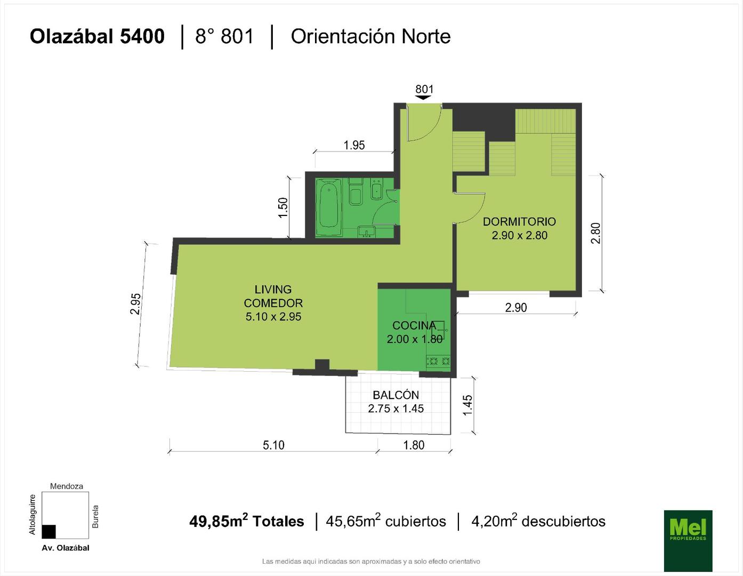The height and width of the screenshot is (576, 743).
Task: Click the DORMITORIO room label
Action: click(x=519, y=222)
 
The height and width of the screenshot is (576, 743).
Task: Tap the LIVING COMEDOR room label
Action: click(x=273, y=296)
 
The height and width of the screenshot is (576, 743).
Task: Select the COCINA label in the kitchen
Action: click(x=414, y=325)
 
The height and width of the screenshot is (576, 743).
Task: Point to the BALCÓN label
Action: click(x=395, y=395)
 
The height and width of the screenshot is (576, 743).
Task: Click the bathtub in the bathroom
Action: click(x=328, y=207)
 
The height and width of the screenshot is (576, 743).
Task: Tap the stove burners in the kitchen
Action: click(x=438, y=361)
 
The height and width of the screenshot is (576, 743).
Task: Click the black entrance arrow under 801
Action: click(x=423, y=98)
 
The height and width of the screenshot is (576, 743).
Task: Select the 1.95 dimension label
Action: click(x=354, y=146)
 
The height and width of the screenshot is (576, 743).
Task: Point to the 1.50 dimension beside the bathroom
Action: click(x=283, y=207)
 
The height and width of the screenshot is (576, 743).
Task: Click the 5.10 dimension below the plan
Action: click(x=273, y=445)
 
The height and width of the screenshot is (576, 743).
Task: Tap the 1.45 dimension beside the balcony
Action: click(x=467, y=405)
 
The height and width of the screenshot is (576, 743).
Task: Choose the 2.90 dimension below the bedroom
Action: click(x=516, y=308)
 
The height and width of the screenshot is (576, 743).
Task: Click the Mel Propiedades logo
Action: click(x=688, y=541)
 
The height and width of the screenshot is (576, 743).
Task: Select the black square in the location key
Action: click(x=49, y=532)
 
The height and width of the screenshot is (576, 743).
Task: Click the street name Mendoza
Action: click(x=66, y=486)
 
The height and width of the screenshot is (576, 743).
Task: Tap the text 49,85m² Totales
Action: click(x=247, y=521)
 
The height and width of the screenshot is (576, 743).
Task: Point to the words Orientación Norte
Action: click(x=370, y=37)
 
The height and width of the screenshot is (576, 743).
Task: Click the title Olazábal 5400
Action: click(x=97, y=37)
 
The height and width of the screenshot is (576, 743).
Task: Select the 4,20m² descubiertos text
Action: click(x=538, y=521)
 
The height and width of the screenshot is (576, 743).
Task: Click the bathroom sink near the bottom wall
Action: click(x=367, y=231)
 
